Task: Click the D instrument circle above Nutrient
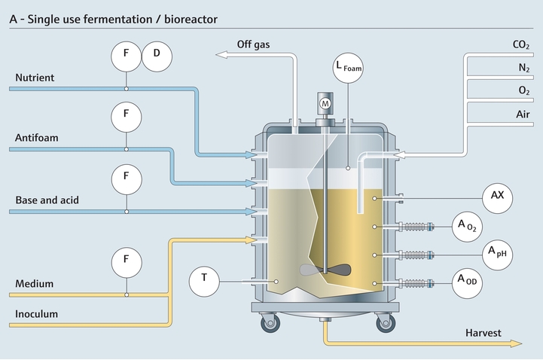click(157, 54)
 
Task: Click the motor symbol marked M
click(325, 102)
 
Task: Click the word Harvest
click(483, 332)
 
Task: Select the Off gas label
click(254, 44)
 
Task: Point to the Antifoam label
click(37, 139)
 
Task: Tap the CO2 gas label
click(521, 45)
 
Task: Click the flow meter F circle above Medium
click(127, 262)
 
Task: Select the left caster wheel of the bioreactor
click(268, 325)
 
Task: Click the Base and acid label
click(47, 200)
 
